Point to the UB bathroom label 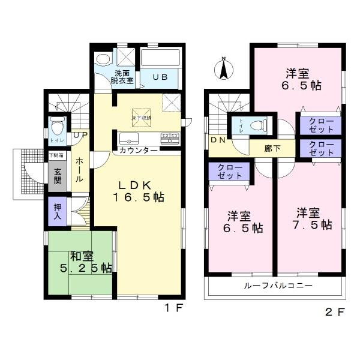pyautogui.click(x=159, y=77)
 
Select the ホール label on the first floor pyautogui.click(x=79, y=170)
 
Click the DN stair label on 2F pyautogui.click(x=217, y=140)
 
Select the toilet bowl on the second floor pyautogui.click(x=259, y=126)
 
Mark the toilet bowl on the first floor pyautogui.click(x=58, y=127)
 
